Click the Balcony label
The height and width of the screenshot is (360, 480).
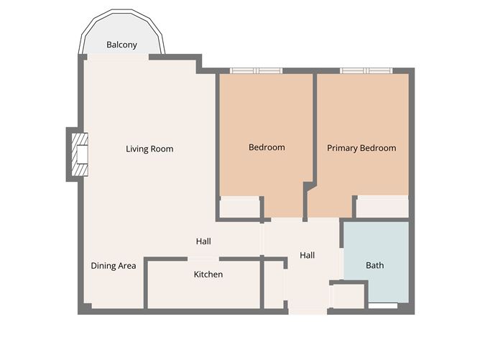121,45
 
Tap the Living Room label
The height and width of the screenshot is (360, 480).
149,149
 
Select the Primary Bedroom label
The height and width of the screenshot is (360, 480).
361,148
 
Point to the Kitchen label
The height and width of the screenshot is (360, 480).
208,274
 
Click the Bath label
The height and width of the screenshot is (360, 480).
374,265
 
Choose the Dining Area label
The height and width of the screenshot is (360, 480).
114,266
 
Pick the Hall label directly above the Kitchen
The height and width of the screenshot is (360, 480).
203,241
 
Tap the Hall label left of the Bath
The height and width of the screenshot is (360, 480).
307,255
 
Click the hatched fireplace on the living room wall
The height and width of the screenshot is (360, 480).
79,154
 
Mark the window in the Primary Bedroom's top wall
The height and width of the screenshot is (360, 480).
366,70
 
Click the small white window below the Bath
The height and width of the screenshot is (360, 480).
382,306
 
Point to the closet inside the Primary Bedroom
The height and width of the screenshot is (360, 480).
382,206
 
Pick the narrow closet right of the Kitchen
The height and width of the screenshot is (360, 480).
274,285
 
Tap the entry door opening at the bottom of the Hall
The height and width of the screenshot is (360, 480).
308,311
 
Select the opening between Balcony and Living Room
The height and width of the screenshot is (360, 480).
116,57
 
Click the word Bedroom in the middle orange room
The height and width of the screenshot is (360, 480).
267,147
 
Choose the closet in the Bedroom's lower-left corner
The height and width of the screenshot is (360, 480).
239,207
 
